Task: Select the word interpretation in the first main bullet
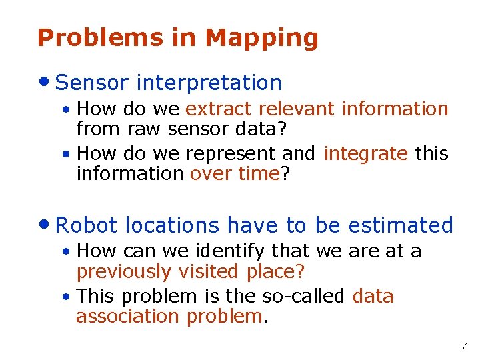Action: coord(209,83)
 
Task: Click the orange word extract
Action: coord(219,109)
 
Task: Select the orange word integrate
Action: coord(365,154)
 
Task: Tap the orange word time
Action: coord(260,173)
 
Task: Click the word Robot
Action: coord(87,225)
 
